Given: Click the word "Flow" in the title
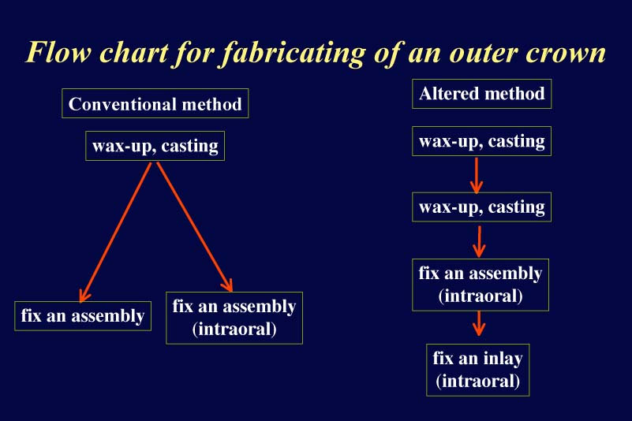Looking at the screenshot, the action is pyautogui.click(x=58, y=52).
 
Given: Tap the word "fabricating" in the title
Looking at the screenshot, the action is pyautogui.click(x=294, y=54).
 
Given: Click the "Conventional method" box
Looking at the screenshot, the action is pyautogui.click(x=155, y=103).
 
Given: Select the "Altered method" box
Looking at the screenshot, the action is pyautogui.click(x=481, y=94).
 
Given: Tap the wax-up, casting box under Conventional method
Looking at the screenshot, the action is pyautogui.click(x=155, y=146).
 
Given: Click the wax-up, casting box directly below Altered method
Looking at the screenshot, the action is pyautogui.click(x=481, y=141).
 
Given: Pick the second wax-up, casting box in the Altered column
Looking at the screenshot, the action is pyautogui.click(x=481, y=207).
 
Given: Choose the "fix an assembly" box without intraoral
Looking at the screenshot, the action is pyautogui.click(x=83, y=316).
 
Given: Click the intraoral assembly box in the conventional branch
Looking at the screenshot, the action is pyautogui.click(x=234, y=318).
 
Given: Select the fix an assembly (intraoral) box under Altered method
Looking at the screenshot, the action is pyautogui.click(x=481, y=285).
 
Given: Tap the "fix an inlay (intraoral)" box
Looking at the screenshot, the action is pyautogui.click(x=477, y=370).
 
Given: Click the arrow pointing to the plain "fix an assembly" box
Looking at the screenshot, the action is pyautogui.click(x=116, y=232).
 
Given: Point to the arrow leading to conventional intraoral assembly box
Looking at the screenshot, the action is pyautogui.click(x=195, y=227).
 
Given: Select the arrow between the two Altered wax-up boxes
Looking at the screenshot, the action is pyautogui.click(x=477, y=175).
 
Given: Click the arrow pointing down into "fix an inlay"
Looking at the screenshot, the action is pyautogui.click(x=479, y=323).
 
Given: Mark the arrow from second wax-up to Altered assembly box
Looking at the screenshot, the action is pyautogui.click(x=479, y=241).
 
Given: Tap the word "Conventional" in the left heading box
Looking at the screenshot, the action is pyautogui.click(x=123, y=104).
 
